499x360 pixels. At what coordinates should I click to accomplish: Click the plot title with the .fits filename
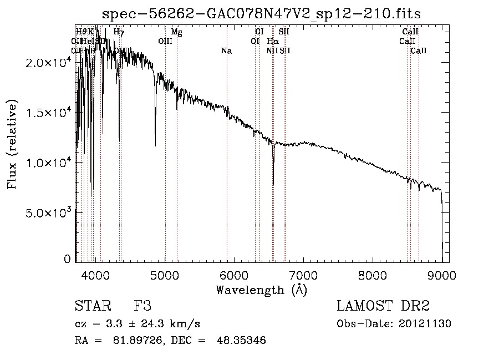pyautogui.click(x=262, y=13)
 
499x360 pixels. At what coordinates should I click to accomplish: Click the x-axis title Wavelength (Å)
pyautogui.click(x=261, y=290)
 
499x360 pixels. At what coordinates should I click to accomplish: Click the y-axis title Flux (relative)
pyautogui.click(x=13, y=144)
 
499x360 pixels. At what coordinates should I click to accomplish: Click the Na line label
pyautogui.click(x=226, y=51)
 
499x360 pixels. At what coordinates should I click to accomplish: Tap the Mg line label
pyautogui.click(x=176, y=32)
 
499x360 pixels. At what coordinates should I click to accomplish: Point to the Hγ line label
pyautogui.click(x=119, y=32)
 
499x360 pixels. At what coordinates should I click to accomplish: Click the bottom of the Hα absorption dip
pyautogui.click(x=273, y=184)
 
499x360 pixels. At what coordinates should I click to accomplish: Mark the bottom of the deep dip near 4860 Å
pyautogui.click(x=155, y=145)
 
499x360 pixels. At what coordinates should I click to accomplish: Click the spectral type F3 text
pyautogui.click(x=142, y=306)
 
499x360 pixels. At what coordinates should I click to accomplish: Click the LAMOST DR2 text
pyautogui.click(x=383, y=306)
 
